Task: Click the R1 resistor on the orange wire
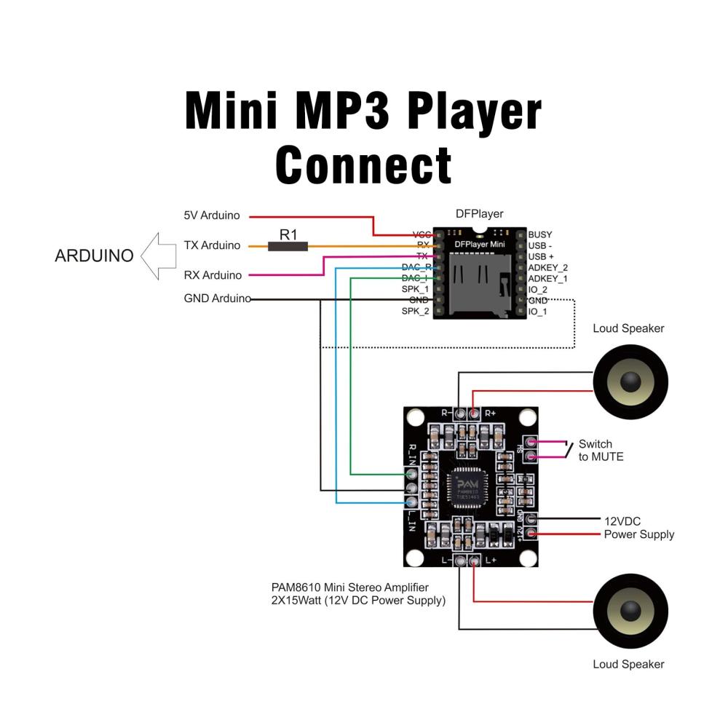[288, 247]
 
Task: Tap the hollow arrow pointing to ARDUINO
[159, 256]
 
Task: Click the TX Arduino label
[212, 245]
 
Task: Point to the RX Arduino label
[212, 275]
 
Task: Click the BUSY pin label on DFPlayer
[540, 234]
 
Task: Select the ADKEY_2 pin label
[547, 267]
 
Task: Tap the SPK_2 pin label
[415, 312]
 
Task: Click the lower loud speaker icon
[630, 611]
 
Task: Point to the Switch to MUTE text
[601, 451]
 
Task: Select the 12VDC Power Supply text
[638, 528]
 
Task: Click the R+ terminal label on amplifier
[490, 413]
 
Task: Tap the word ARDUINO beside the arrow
[95, 256]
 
